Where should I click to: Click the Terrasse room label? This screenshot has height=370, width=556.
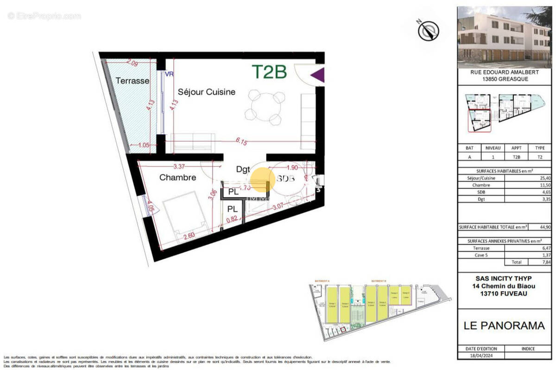[133, 81]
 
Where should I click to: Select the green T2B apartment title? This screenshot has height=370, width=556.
[269, 72]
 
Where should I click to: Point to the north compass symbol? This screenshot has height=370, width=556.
[429, 31]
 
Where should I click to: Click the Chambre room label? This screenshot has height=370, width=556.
[177, 177]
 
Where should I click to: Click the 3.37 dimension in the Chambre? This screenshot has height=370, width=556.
[180, 167]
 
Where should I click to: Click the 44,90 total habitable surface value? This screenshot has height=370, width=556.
[540, 227]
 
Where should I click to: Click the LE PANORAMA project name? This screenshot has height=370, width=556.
[504, 325]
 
